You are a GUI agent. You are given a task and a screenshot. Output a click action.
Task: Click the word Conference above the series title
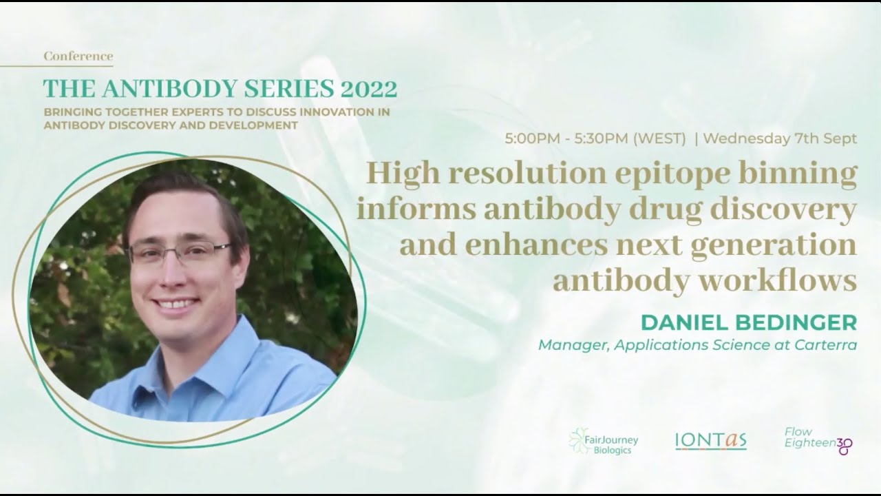[78, 56]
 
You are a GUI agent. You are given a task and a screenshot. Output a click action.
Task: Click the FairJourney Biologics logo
[604, 441]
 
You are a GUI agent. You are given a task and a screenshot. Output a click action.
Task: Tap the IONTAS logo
[710, 441]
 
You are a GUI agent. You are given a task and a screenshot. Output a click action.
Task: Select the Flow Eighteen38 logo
[818, 441]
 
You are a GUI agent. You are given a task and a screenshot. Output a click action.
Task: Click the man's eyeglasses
[180, 251]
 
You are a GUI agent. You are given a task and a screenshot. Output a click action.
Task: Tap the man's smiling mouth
[176, 303]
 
